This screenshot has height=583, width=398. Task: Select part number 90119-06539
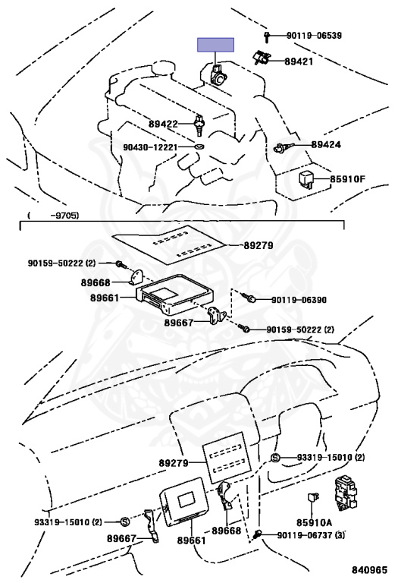point(314,36)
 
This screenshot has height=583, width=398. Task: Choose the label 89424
point(326,143)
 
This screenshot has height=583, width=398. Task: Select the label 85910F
point(347,180)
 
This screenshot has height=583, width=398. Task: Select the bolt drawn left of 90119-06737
point(260,534)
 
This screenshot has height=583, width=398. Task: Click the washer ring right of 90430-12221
point(199,144)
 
